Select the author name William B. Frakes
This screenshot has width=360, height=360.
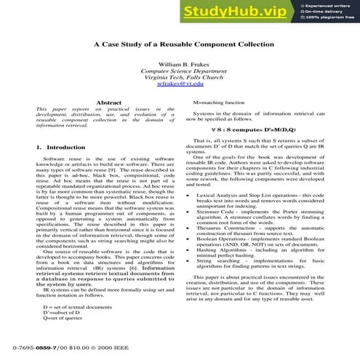click(177, 65)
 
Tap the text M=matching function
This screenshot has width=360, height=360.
click(225, 103)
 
